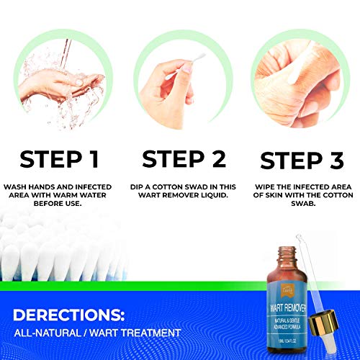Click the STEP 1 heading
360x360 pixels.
pyautogui.click(x=59, y=159)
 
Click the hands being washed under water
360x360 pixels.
pyautogui.click(x=58, y=86)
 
